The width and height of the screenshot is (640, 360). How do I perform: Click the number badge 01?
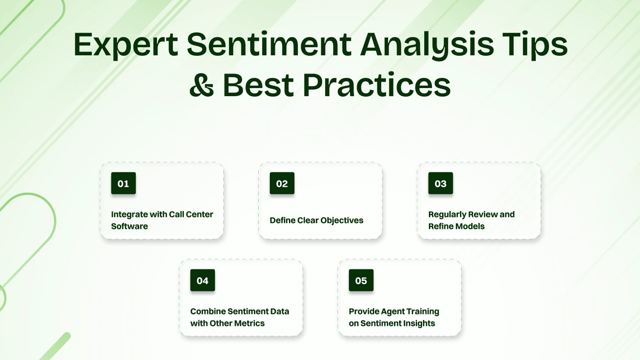(123, 183)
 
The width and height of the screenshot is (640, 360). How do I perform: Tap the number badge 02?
(282, 183)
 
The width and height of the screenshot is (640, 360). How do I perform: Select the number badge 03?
(440, 183)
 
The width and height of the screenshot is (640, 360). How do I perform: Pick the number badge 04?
(203, 280)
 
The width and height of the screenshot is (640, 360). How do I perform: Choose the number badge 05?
(361, 280)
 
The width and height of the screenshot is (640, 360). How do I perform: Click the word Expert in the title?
(126, 45)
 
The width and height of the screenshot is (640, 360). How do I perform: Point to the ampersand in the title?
(201, 85)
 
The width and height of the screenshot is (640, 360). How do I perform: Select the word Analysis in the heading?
(427, 45)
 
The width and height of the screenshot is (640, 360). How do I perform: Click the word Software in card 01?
(129, 226)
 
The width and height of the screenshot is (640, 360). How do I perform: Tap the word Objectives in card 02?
(342, 220)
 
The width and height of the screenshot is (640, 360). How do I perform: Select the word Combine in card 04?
(207, 311)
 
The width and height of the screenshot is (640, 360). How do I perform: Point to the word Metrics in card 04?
(249, 323)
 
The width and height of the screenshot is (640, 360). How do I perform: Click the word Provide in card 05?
(364, 311)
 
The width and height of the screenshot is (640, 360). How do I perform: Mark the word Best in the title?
(258, 85)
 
